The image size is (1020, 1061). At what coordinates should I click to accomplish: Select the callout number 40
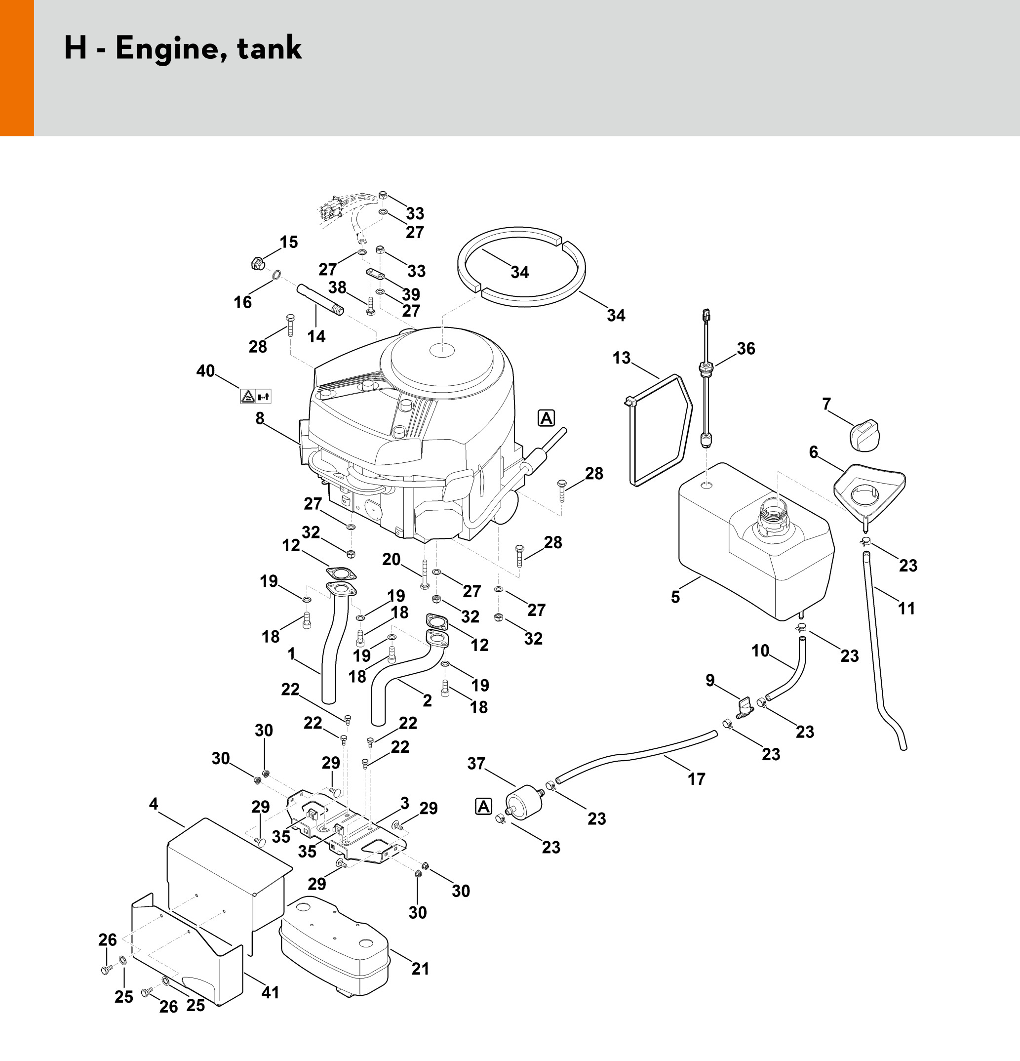coord(205,371)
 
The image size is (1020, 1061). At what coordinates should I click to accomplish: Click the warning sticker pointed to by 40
coord(255,396)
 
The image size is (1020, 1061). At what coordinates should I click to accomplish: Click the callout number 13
coord(621,358)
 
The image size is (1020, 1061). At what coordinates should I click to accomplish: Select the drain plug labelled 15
coord(258,264)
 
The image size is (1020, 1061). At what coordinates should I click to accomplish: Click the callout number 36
coord(745,349)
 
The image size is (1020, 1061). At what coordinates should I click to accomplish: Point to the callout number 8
coord(260,418)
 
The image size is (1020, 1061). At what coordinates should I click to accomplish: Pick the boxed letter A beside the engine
coord(547,418)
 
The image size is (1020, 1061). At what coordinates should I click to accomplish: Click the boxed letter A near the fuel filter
coord(483,807)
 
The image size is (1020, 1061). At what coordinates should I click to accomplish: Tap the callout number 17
coord(697,779)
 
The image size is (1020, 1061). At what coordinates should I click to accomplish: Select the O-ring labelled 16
coord(276,275)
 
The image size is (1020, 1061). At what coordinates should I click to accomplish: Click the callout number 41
coord(270,992)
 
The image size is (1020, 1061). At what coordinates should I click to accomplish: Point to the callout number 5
coord(675,597)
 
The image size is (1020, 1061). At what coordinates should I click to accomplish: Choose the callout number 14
coord(316,337)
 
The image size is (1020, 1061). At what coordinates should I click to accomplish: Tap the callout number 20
coord(391,559)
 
